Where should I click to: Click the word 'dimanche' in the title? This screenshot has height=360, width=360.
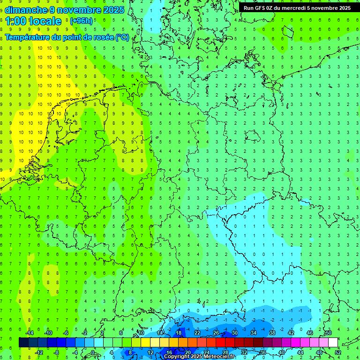click(24, 10)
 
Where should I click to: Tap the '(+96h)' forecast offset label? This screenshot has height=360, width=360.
click(81, 21)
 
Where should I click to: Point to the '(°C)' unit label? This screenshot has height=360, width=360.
click(122, 37)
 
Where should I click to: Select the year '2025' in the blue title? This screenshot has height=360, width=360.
click(114, 10)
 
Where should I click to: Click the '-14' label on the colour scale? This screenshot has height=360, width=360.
click(29, 333)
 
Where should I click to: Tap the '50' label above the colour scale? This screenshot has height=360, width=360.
click(328, 333)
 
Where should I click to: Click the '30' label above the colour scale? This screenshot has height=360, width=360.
click(234, 333)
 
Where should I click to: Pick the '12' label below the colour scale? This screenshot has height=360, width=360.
click(150, 352)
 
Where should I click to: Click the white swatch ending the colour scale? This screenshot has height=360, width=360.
click(333, 342)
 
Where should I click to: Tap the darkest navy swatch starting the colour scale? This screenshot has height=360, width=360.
click(23, 342)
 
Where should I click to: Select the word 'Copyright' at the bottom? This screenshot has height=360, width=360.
click(177, 357)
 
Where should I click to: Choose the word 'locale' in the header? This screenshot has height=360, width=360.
click(45, 21)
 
